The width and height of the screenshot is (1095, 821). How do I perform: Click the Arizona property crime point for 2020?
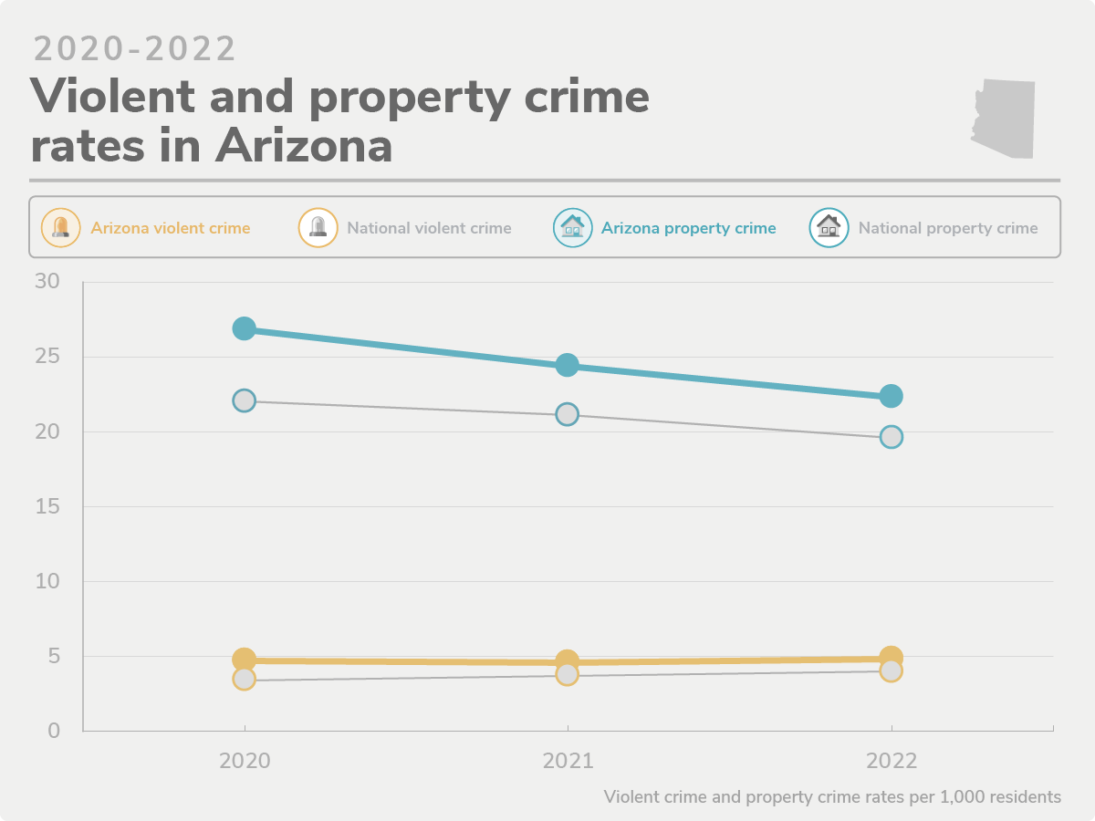(x=244, y=328)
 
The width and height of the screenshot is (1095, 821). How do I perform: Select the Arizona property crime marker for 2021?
(x=567, y=365)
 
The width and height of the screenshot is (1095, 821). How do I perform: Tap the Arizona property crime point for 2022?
(x=891, y=396)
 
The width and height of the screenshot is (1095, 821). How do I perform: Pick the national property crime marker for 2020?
(x=244, y=400)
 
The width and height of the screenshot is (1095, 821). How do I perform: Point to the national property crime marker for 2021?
(x=567, y=414)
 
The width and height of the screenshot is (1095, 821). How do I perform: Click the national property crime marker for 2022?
(x=891, y=437)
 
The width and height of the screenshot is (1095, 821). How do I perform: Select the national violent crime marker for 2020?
(x=244, y=679)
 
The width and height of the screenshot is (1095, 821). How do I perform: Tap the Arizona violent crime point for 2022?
(x=892, y=657)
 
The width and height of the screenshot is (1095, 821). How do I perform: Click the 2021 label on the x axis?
(x=568, y=761)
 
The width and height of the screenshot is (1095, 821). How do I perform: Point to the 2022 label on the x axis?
(x=892, y=761)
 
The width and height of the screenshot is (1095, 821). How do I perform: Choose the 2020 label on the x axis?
(x=245, y=761)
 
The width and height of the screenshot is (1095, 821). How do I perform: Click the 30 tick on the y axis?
(x=47, y=282)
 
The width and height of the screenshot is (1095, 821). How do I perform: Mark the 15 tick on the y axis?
(x=47, y=506)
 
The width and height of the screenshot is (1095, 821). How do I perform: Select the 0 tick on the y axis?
(x=54, y=731)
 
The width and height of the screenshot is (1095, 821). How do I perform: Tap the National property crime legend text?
(x=948, y=228)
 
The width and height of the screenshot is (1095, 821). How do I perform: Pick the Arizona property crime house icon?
(x=573, y=228)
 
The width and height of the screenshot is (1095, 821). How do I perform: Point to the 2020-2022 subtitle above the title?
(x=135, y=49)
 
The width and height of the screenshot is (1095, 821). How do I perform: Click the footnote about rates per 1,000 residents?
(x=832, y=796)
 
